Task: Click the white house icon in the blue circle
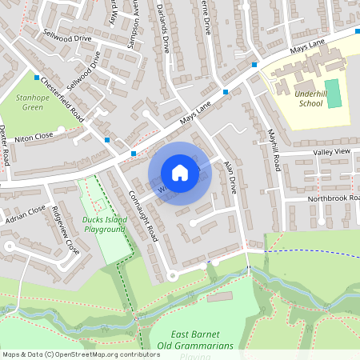[x=180, y=173]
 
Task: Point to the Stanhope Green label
[x=32, y=102]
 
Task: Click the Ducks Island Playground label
[x=102, y=224]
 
